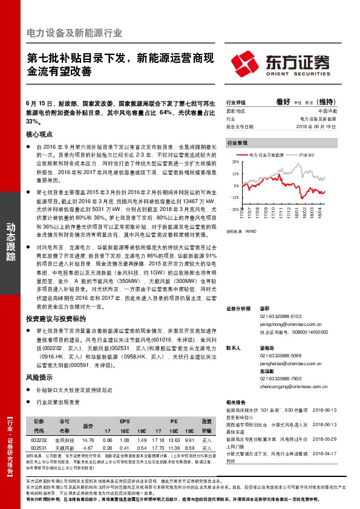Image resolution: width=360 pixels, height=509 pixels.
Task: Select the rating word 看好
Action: coord(283,103)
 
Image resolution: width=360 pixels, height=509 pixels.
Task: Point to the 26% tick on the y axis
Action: coord(235,163)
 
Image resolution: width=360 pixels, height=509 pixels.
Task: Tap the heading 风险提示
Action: coord(39,377)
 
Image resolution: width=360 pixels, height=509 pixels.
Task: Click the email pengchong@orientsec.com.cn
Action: coord(286,325)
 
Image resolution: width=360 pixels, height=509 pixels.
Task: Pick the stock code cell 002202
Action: coord(39,441)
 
